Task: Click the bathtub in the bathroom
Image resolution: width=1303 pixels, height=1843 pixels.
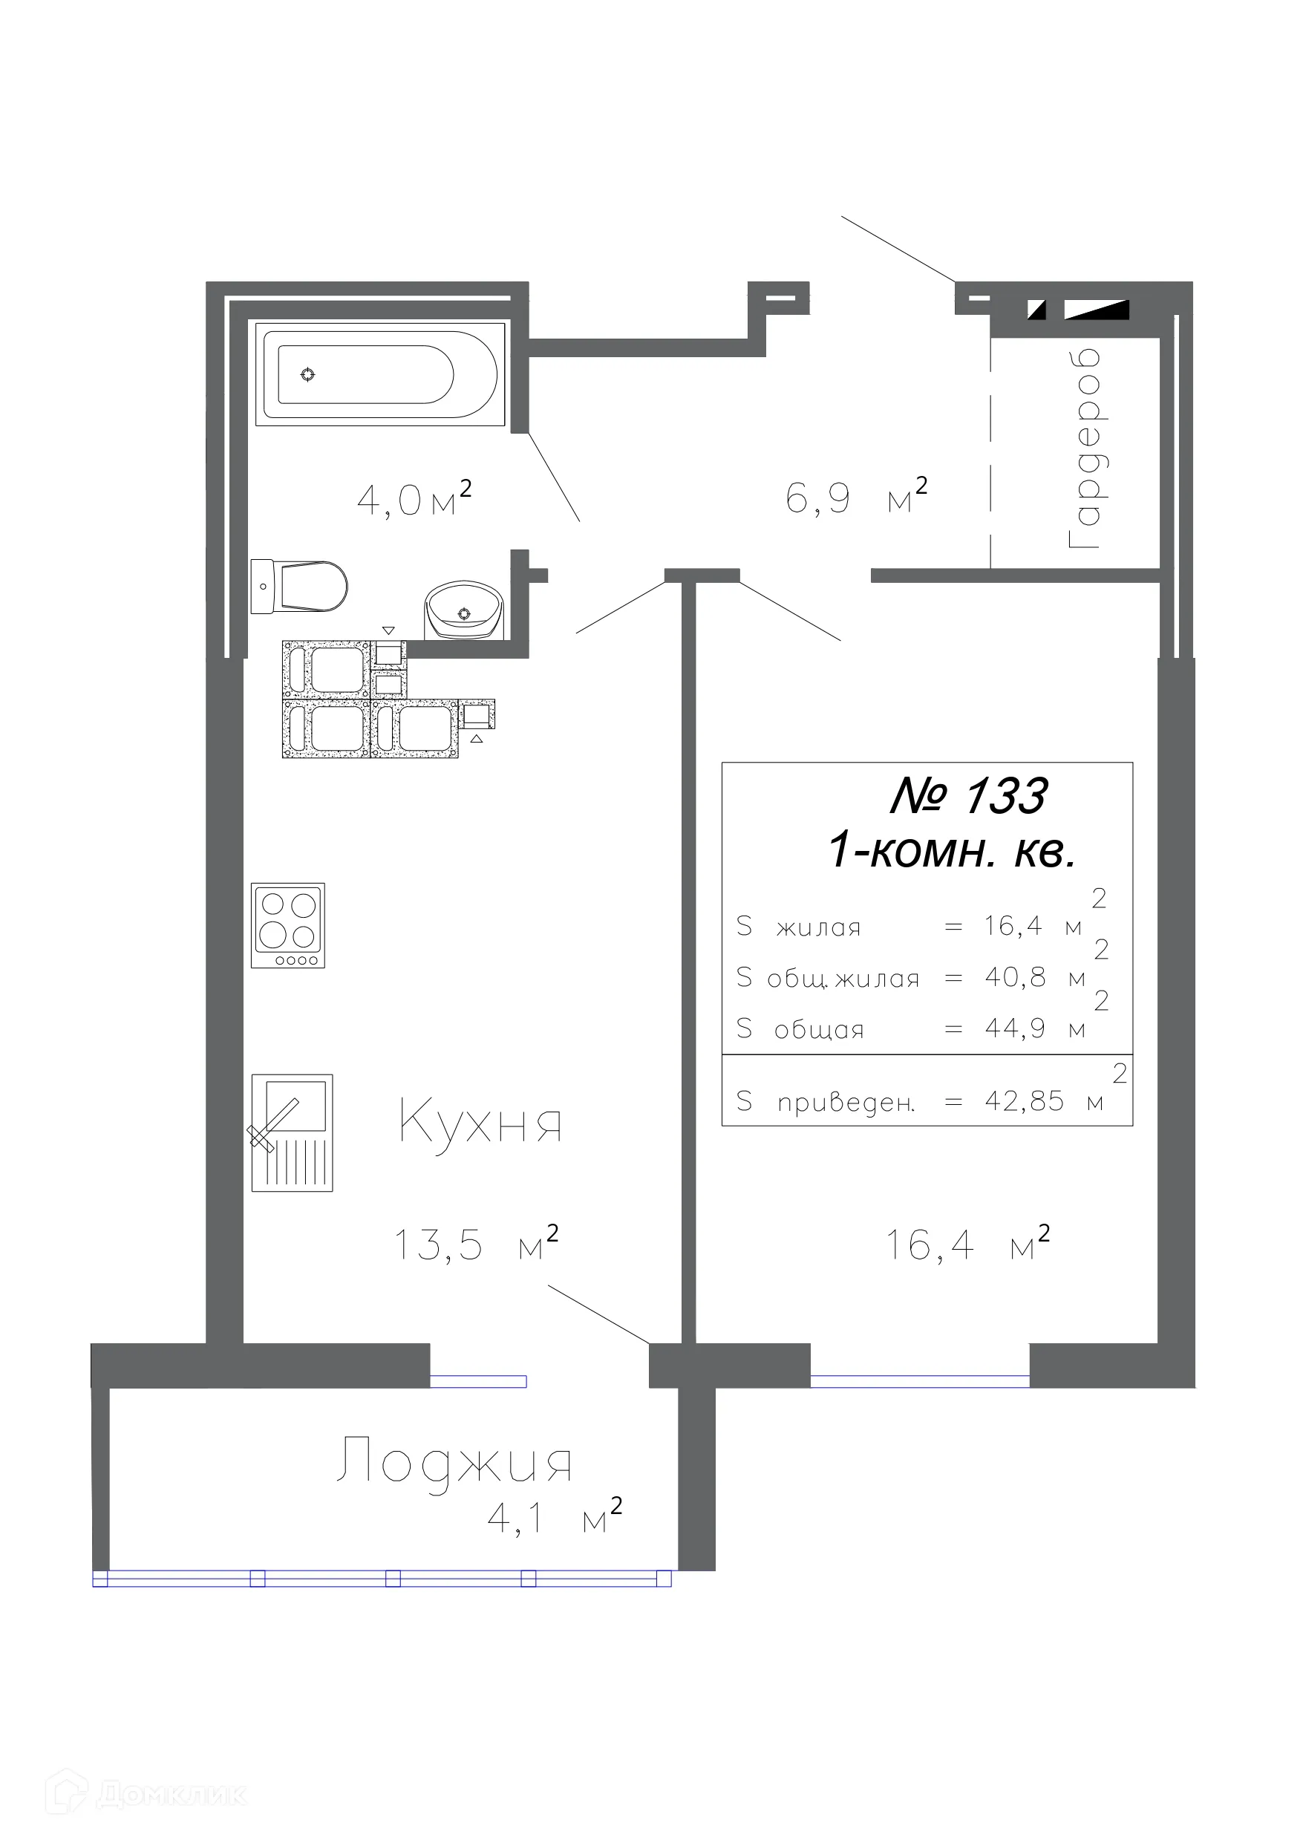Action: click(379, 374)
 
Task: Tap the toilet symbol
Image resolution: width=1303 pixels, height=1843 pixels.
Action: click(300, 586)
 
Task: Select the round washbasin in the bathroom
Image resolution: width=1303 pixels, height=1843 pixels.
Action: click(463, 611)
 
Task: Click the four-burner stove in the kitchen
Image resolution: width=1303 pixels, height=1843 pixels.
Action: click(287, 924)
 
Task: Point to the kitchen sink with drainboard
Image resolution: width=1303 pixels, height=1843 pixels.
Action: click(292, 1132)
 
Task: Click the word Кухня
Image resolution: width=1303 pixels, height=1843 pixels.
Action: click(480, 1122)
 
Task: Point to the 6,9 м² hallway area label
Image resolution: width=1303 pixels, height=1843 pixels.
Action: click(856, 498)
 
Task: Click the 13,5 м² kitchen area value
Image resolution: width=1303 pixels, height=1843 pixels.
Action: click(475, 1245)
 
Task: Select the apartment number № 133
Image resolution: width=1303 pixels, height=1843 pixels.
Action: click(968, 796)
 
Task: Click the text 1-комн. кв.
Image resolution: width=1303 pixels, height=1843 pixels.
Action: click(951, 850)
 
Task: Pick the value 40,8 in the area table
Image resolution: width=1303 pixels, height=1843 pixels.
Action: click(1015, 977)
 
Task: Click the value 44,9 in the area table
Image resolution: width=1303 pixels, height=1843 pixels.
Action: click(1015, 1028)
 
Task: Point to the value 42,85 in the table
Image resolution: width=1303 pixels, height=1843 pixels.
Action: click(1024, 1101)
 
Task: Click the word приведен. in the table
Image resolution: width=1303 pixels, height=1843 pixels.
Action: click(846, 1103)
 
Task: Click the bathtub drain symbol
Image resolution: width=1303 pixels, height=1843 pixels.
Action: click(307, 374)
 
